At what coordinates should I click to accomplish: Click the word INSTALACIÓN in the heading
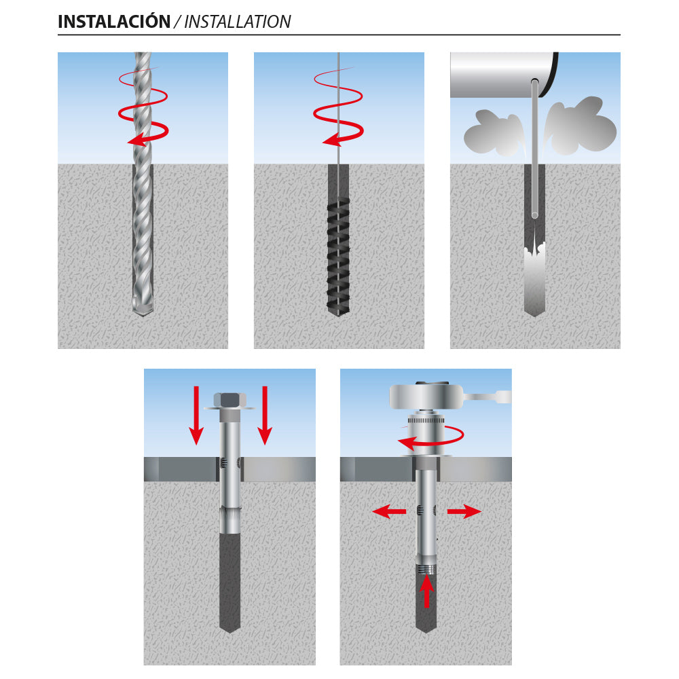pos(113,22)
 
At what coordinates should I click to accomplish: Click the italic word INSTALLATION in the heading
pos(237,22)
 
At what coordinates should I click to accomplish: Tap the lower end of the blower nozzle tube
pos(535,215)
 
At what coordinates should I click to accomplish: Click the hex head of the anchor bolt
pos(230,400)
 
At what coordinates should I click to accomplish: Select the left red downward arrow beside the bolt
pos(196,414)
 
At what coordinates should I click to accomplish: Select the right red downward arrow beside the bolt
pos(265,414)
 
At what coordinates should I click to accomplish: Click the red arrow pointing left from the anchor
pos(389,512)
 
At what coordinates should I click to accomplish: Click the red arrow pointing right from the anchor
pos(464,512)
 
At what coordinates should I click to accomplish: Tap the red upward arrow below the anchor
pos(426,591)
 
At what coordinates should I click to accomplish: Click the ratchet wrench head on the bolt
pos(426,395)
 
